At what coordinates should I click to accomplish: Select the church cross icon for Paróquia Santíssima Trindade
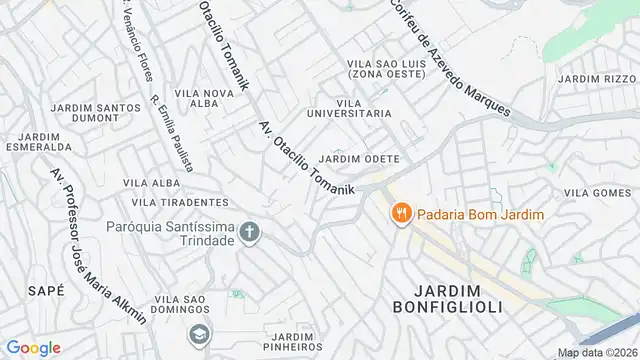[x=248, y=234]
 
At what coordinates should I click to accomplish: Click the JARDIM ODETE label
[x=359, y=160]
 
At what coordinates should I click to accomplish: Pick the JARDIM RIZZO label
[x=597, y=79]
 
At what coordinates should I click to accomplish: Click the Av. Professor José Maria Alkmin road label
[x=97, y=245]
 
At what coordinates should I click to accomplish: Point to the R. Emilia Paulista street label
[x=172, y=133]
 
